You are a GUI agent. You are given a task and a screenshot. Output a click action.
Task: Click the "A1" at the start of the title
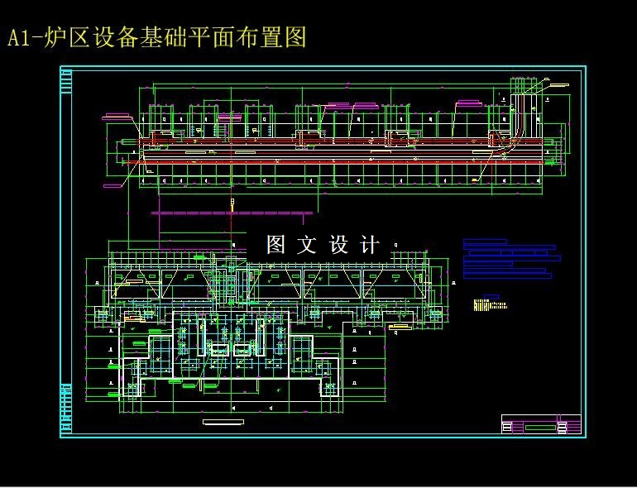pos(21,38)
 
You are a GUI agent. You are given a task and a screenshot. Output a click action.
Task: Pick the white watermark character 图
pos(275,245)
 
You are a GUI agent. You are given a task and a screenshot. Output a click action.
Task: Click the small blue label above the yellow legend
pos(489,295)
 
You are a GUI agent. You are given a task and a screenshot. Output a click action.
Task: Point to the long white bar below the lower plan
pos(223,421)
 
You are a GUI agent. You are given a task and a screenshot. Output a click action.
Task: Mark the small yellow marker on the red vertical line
pos(233,201)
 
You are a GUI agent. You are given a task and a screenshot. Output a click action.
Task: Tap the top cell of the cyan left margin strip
pos(65,81)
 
